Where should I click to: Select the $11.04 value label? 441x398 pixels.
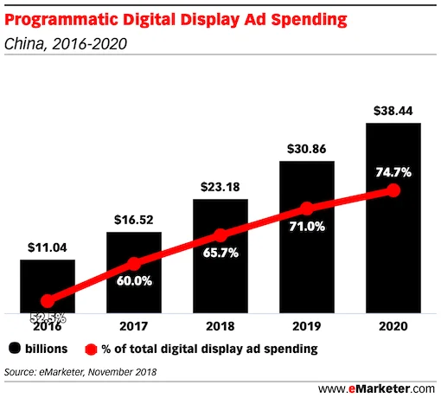(47, 248)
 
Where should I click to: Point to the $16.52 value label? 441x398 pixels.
(133, 219)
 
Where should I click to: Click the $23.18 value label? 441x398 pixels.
(220, 186)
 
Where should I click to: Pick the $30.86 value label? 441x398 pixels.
(306, 149)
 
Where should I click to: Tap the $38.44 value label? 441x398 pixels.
(393, 110)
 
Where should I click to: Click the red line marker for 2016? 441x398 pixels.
(47, 301)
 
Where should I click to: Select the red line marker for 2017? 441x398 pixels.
(133, 264)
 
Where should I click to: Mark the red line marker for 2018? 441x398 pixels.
(220, 234)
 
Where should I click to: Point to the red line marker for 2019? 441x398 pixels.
(306, 209)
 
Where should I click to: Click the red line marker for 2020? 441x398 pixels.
(393, 189)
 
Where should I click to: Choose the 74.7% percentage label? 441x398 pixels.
(393, 171)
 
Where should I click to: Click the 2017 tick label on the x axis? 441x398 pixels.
(133, 327)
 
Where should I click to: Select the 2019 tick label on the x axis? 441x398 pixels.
(306, 327)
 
